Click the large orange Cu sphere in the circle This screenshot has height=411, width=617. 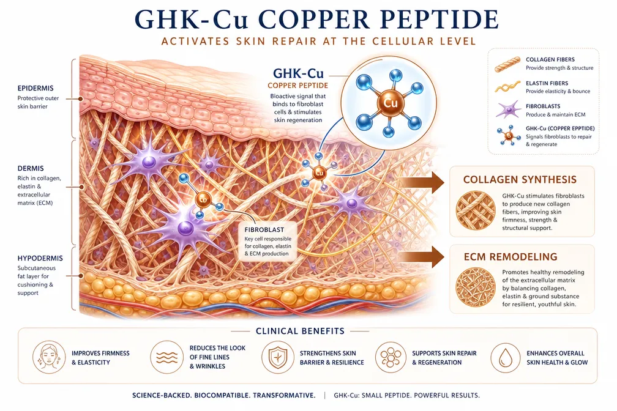[390, 103]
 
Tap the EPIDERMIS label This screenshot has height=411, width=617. [36, 89]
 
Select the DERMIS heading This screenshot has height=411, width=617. [31, 168]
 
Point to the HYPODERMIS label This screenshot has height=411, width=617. [40, 258]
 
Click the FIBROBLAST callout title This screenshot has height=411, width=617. [264, 230]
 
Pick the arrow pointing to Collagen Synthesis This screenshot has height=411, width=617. [421, 182]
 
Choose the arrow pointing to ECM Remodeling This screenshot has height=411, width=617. [421, 257]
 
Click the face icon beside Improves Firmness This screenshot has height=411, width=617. [49, 357]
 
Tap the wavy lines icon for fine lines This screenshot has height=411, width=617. [167, 357]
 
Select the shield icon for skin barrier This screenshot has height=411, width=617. [278, 357]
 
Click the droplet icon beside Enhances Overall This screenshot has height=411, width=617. [505, 358]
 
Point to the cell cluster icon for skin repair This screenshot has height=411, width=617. [391, 357]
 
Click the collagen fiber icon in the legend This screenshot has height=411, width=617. [507, 64]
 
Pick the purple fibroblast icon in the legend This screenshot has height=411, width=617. [508, 109]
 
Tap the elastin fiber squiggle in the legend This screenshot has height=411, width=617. [507, 87]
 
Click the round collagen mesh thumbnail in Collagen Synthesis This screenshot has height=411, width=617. [476, 210]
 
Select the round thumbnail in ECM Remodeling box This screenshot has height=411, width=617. [476, 287]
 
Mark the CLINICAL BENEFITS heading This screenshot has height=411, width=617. [300, 331]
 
